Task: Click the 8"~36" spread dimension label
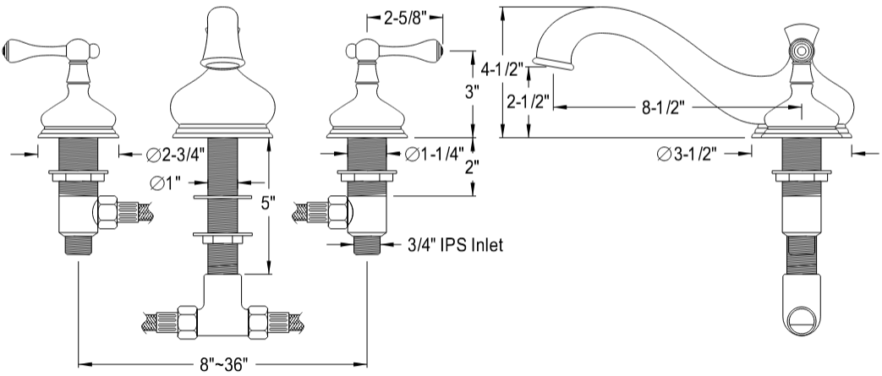point(222,365)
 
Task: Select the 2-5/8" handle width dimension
point(404,16)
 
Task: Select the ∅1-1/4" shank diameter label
point(433,154)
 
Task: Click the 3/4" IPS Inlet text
point(455,246)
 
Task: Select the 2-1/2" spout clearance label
point(525,101)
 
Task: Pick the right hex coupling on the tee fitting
point(257,322)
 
